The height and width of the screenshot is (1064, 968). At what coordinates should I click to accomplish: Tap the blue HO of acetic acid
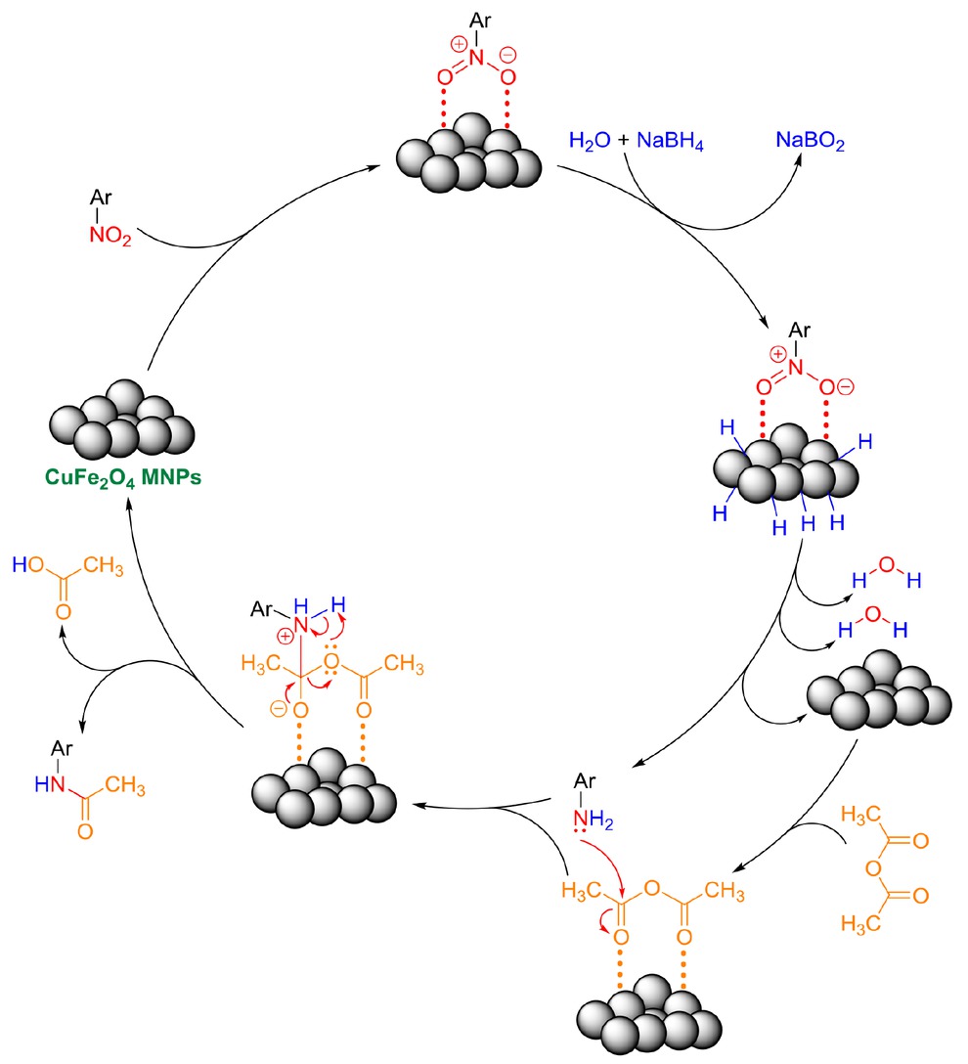tap(27, 566)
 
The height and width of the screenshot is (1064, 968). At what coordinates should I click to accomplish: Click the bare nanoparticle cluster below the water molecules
tap(877, 697)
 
